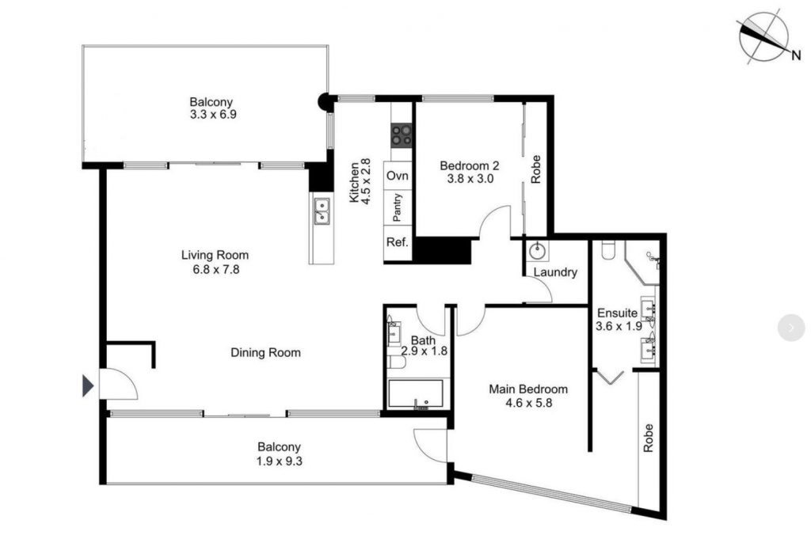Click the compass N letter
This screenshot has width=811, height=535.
pyautogui.click(x=796, y=55)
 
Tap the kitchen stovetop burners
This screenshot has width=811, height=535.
pyautogui.click(x=402, y=135)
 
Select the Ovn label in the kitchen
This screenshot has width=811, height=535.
pyautogui.click(x=398, y=176)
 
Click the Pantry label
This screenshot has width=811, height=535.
pyautogui.click(x=398, y=207)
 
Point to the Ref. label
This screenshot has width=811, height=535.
pyautogui.click(x=398, y=242)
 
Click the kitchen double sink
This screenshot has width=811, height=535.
pyautogui.click(x=322, y=211)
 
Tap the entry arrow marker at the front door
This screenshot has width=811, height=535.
pyautogui.click(x=88, y=385)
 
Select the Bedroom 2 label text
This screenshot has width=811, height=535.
pyautogui.click(x=469, y=166)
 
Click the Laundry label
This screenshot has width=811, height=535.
pyautogui.click(x=555, y=272)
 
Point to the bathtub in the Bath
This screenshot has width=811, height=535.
pyautogui.click(x=415, y=395)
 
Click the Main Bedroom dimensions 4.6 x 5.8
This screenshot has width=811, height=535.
pyautogui.click(x=528, y=403)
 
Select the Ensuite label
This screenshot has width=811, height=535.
pyautogui.click(x=618, y=313)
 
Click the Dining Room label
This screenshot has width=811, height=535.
pyautogui.click(x=265, y=352)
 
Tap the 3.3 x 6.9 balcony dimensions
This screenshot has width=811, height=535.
pyautogui.click(x=213, y=114)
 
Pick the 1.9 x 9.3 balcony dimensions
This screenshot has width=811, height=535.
pyautogui.click(x=280, y=460)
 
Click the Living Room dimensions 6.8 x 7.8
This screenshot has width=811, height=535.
pyautogui.click(x=216, y=269)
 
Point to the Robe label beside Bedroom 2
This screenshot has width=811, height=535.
pyautogui.click(x=536, y=169)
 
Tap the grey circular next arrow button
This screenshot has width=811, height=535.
pyautogui.click(x=791, y=327)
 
